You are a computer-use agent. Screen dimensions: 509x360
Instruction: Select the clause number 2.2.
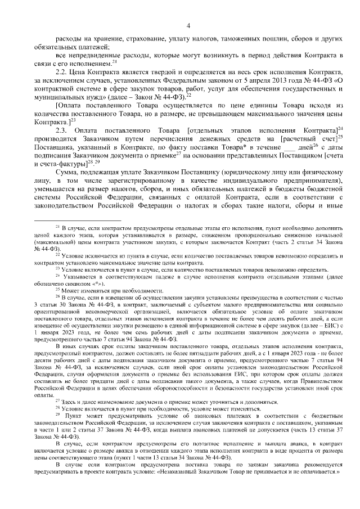[x=62, y=73]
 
